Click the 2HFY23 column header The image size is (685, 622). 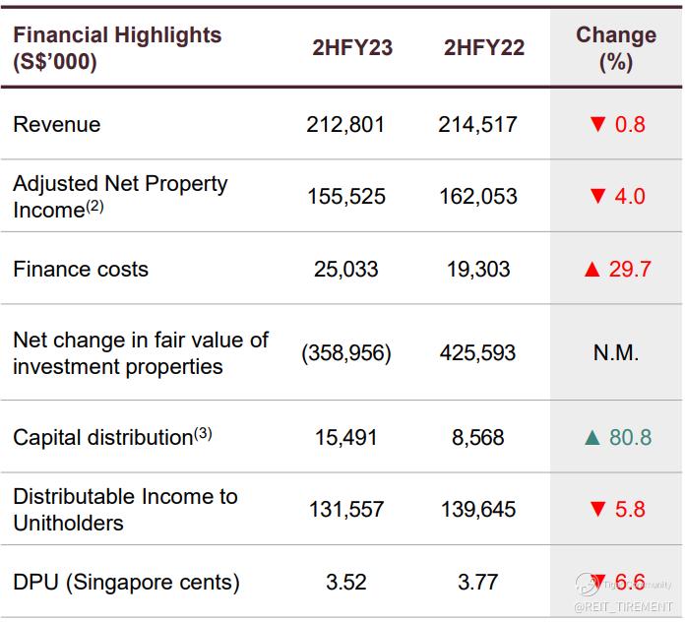coord(351,47)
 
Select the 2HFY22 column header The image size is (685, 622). coord(483,47)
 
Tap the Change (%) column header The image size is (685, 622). coord(615,47)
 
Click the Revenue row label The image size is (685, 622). coord(57,125)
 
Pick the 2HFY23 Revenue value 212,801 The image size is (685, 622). coord(346,125)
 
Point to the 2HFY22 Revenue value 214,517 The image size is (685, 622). coord(478,125)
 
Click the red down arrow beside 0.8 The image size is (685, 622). coord(595,125)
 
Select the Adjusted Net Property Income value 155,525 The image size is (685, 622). coord(346,197)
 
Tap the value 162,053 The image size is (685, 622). coord(478,197)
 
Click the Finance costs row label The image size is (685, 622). coord(81,269)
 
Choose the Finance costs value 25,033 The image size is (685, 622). coord(346,269)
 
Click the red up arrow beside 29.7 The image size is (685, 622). coord(592,269)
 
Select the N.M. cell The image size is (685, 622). coord(615,352)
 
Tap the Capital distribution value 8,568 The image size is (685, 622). coord(478,437)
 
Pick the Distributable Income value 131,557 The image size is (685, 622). coord(346,510)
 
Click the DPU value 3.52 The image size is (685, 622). coord(346,582)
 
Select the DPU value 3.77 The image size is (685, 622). coord(478,582)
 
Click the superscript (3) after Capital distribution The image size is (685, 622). coord(202,431)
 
